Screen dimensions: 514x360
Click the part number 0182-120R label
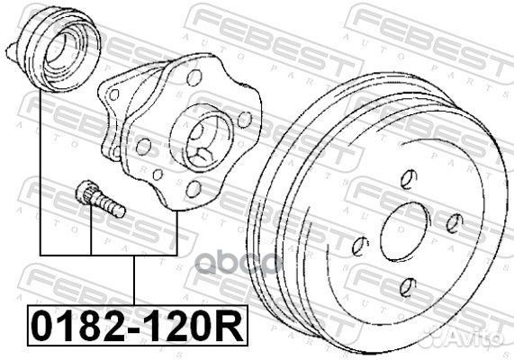138,326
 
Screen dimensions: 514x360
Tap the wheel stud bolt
100,199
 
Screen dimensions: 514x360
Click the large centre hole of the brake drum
405,229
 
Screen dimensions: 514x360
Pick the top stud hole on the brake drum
409,179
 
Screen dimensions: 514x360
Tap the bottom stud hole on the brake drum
408,287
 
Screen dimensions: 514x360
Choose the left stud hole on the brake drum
360,245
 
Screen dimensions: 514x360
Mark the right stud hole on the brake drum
455,223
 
